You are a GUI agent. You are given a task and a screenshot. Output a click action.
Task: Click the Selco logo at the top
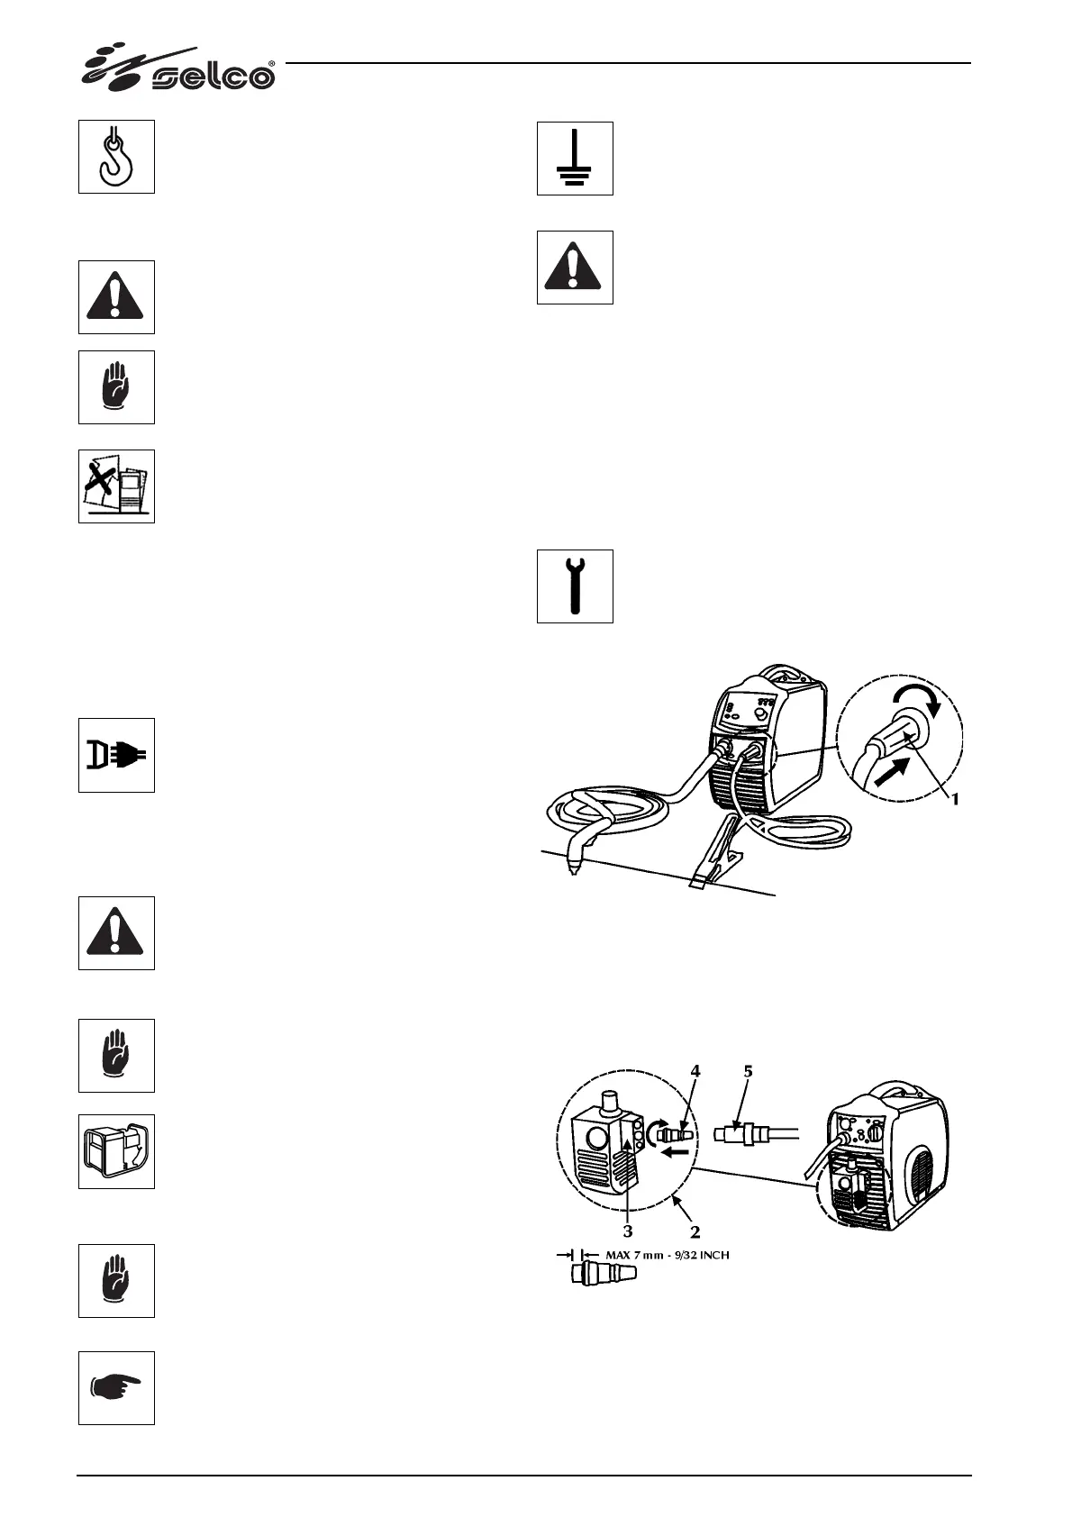(179, 69)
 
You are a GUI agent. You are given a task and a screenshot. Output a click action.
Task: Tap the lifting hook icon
(116, 156)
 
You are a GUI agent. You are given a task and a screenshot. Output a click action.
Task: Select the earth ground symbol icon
(575, 159)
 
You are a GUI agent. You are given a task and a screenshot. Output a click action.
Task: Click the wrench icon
(575, 586)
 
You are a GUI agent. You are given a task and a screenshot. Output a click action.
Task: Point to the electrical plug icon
(116, 755)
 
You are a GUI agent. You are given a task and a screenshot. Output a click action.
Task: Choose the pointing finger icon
(116, 1387)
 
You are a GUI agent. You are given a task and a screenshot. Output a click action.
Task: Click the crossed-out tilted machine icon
(116, 486)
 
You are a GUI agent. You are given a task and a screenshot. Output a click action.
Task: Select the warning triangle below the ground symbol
(575, 268)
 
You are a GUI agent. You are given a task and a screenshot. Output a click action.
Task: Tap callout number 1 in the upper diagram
(956, 798)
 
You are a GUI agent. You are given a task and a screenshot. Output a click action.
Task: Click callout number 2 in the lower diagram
(695, 1232)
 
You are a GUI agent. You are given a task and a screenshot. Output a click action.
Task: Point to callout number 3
(627, 1231)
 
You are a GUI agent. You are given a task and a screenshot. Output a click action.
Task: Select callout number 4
(695, 1071)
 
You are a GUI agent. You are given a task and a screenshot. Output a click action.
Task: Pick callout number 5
(748, 1071)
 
